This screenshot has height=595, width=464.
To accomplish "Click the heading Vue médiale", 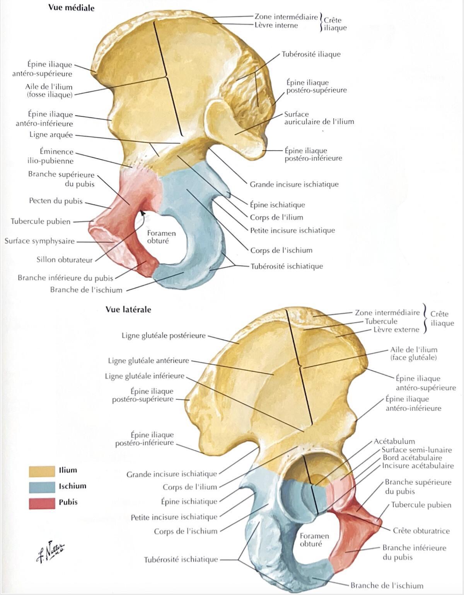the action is pos(71,8).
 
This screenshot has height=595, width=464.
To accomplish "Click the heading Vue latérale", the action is pos(128,310).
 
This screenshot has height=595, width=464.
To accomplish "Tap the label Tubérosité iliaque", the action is pos(311,54).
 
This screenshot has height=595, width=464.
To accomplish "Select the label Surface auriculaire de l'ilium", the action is pos(319,118).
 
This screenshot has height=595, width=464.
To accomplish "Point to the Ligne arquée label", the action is pos(51,135).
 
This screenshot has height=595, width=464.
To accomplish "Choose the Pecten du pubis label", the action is pos(56,201).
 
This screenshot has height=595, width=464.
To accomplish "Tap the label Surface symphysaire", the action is pos(40,241).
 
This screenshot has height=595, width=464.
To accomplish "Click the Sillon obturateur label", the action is pos(65,260).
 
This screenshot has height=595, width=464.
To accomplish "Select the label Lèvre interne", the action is pos(276,25).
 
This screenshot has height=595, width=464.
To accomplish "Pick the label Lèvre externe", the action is pos(396,330).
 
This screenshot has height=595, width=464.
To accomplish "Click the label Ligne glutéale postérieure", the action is pos(164,335).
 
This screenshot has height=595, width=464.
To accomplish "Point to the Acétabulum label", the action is pos(394,441).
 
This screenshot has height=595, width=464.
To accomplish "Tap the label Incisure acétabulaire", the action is pos(418,466).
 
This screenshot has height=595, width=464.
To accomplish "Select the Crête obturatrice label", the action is pos(421,530).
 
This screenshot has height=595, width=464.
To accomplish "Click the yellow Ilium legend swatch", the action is pos(42,471).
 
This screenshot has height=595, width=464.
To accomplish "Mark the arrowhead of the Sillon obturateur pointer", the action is pos(142,212).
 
